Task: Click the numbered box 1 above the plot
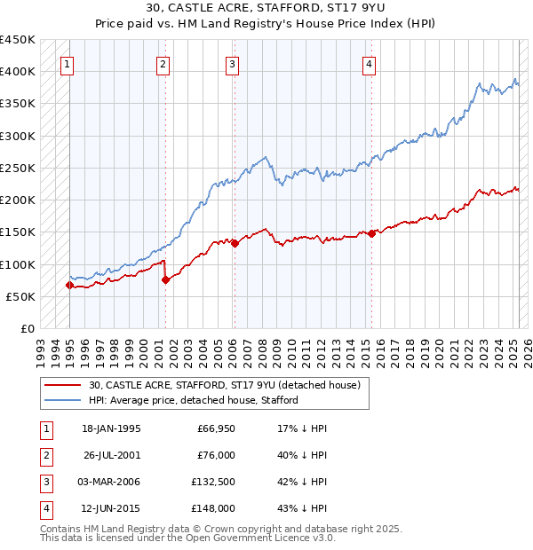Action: pos(68,63)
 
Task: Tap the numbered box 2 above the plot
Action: pos(163,63)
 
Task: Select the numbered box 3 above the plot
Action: pos(231,63)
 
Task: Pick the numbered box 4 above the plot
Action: pos(368,63)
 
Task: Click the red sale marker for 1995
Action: pos(69,285)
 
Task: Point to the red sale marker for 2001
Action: pos(165,279)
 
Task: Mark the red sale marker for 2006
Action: pos(234,243)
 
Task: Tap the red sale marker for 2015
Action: pos(371,233)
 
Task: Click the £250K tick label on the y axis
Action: pos(17,168)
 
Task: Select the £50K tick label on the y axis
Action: pos(20,296)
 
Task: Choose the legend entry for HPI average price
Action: pos(193,400)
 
